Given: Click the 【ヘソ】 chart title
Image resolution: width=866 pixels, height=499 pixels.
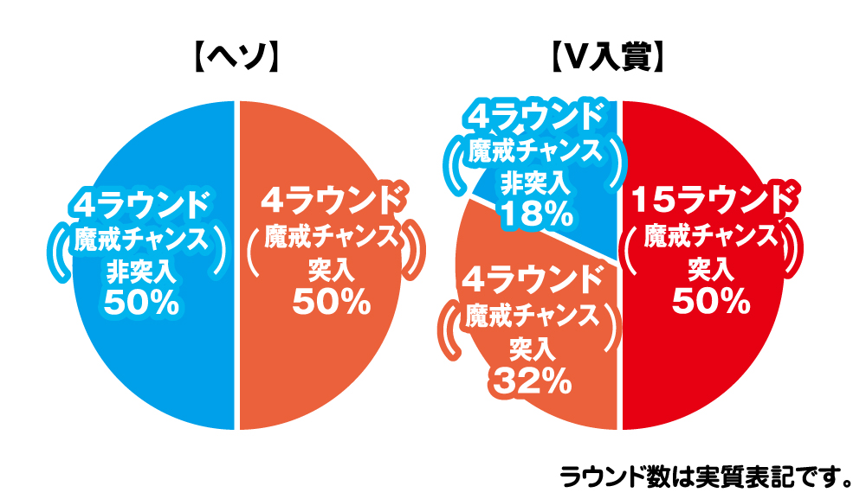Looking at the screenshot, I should pyautogui.click(x=236, y=59).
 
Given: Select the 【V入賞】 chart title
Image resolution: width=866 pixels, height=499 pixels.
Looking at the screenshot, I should pyautogui.click(x=609, y=59).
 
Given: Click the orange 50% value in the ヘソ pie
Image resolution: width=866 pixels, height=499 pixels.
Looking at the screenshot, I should pyautogui.click(x=332, y=303).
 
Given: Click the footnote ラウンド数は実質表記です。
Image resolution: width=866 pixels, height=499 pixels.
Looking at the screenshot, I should pyautogui.click(x=706, y=476).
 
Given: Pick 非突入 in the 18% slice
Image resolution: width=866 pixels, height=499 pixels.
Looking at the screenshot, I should pyautogui.click(x=535, y=183).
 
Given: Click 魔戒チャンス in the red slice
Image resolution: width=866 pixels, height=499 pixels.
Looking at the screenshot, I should pyautogui.click(x=711, y=236).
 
